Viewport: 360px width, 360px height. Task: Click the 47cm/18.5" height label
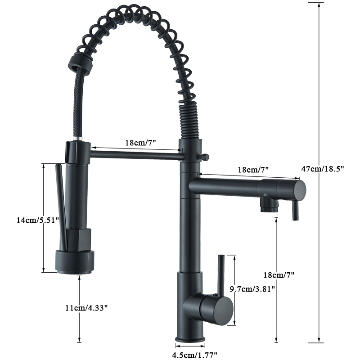click(x=323, y=169)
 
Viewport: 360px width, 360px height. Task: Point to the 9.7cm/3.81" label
click(x=252, y=289)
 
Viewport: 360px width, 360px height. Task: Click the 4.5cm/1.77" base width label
click(x=190, y=355)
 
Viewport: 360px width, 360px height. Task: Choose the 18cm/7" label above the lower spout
click(x=252, y=170)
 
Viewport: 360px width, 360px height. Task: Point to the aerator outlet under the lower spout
click(x=269, y=205)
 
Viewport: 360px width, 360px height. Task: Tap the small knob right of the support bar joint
click(x=206, y=157)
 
